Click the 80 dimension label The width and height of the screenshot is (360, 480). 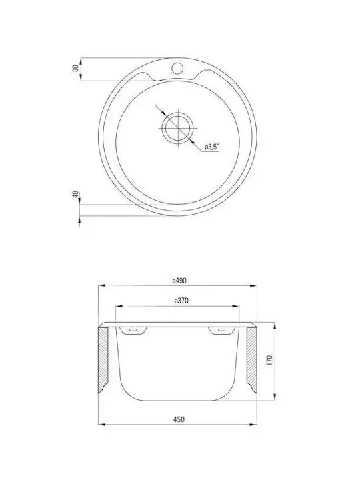tap(75, 68)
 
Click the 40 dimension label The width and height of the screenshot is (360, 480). tap(75, 194)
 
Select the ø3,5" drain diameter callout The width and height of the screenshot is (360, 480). tap(212, 147)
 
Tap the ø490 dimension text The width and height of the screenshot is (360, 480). tap(179, 281)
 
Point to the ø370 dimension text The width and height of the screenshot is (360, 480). tap(181, 301)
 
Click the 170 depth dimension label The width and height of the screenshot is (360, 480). tap(269, 361)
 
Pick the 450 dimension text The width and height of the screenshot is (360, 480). tap(179, 419)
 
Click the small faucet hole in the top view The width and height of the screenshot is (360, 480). tap(177, 68)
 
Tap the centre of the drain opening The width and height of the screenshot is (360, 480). tap(178, 128)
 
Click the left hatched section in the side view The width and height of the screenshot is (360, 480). tap(103, 359)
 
